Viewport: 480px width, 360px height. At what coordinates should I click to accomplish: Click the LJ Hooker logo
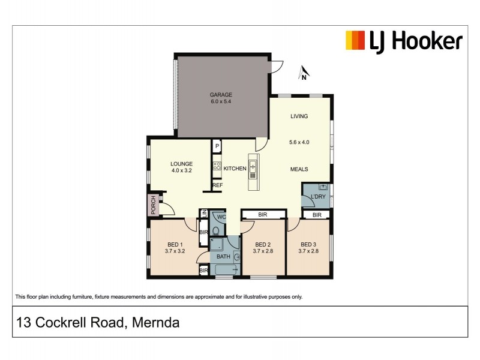click(403, 41)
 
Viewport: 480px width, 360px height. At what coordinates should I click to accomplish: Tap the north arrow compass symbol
click(304, 74)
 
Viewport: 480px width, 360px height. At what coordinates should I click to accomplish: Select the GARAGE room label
click(220, 95)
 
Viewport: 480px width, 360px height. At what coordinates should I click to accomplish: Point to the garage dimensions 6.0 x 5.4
click(220, 102)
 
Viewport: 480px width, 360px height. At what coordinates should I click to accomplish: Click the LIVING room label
click(299, 116)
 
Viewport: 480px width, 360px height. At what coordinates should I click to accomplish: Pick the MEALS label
click(299, 169)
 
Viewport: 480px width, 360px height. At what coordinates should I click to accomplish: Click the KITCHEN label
click(235, 169)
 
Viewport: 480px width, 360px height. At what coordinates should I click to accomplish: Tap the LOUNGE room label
click(181, 163)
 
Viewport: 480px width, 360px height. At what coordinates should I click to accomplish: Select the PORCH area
click(154, 205)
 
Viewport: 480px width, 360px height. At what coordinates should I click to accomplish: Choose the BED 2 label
click(263, 244)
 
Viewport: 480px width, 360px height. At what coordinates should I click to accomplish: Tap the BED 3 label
click(307, 244)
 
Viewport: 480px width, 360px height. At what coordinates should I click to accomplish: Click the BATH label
click(223, 257)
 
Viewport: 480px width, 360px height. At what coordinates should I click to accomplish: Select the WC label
click(221, 217)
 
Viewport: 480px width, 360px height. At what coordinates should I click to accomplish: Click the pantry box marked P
click(217, 146)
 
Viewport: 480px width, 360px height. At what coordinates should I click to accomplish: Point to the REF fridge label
click(217, 185)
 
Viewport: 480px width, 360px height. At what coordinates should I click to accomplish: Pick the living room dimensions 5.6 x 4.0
click(299, 143)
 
